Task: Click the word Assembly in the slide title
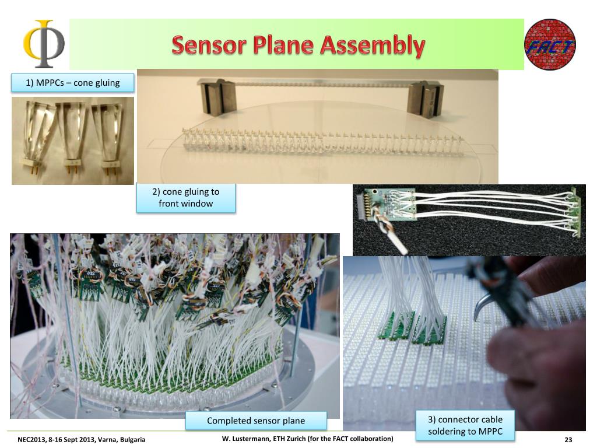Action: coord(373,45)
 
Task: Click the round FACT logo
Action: coord(550,44)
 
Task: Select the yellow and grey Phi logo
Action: coord(44,43)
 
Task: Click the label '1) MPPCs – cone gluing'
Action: coord(73,83)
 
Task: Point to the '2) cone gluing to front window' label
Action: coord(186,197)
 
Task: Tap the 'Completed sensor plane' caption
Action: coord(256,421)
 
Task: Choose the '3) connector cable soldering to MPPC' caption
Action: coord(465,425)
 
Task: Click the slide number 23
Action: coord(568,440)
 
